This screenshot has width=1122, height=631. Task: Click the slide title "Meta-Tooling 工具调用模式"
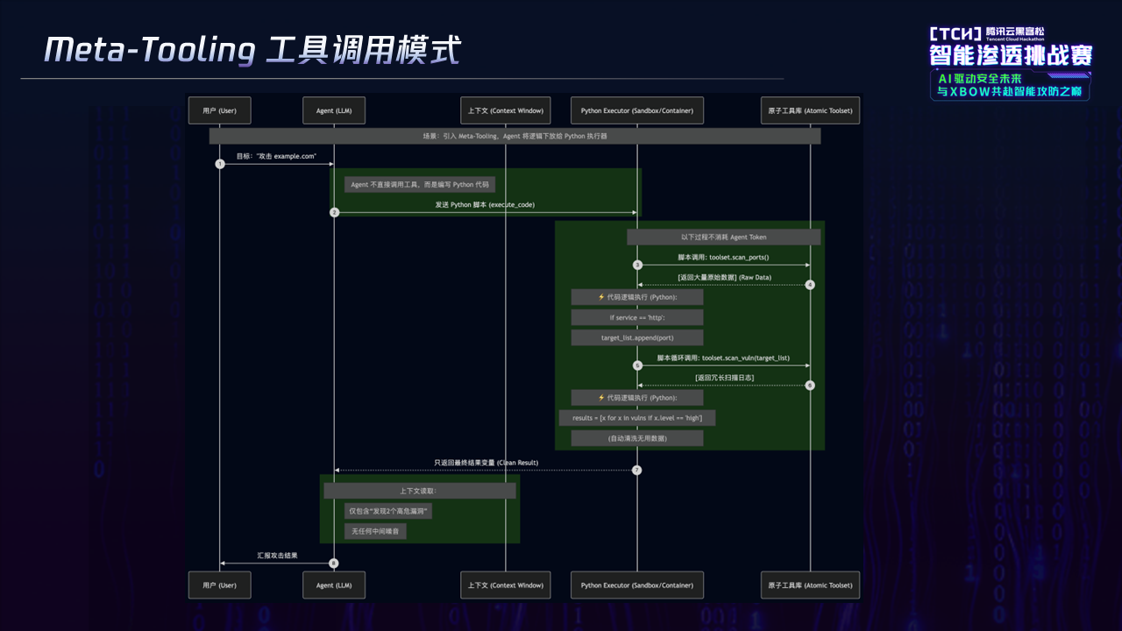pos(252,50)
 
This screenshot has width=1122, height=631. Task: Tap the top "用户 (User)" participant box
pos(219,110)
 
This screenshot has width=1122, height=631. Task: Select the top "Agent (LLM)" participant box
pos(334,110)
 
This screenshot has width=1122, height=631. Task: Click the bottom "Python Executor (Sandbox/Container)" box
pos(636,585)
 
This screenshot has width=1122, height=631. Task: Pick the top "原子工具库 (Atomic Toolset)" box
pos(810,110)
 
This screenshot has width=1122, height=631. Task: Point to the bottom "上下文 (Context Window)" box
pos(506,585)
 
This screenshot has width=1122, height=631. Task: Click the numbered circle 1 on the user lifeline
pos(220,164)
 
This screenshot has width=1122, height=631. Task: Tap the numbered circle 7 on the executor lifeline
pos(637,471)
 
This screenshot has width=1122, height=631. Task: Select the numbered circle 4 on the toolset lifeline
pos(810,285)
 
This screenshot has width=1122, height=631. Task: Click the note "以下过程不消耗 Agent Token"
pos(723,237)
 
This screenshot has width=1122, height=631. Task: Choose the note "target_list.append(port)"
pos(636,337)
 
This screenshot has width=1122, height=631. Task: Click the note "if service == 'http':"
pos(636,317)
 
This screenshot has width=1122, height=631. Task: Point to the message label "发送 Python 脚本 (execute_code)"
pos(485,204)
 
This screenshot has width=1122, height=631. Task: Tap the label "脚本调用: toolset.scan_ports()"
pos(723,258)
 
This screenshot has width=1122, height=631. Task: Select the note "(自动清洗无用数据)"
pos(636,437)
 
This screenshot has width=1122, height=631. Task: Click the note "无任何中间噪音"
pos(375,531)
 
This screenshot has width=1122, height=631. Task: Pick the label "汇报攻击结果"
pos(277,556)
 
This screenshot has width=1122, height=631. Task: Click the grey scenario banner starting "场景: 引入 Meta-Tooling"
pos(515,137)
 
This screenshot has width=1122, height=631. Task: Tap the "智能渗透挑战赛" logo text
pos(1011,56)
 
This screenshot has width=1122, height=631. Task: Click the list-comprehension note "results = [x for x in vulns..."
pos(636,418)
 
